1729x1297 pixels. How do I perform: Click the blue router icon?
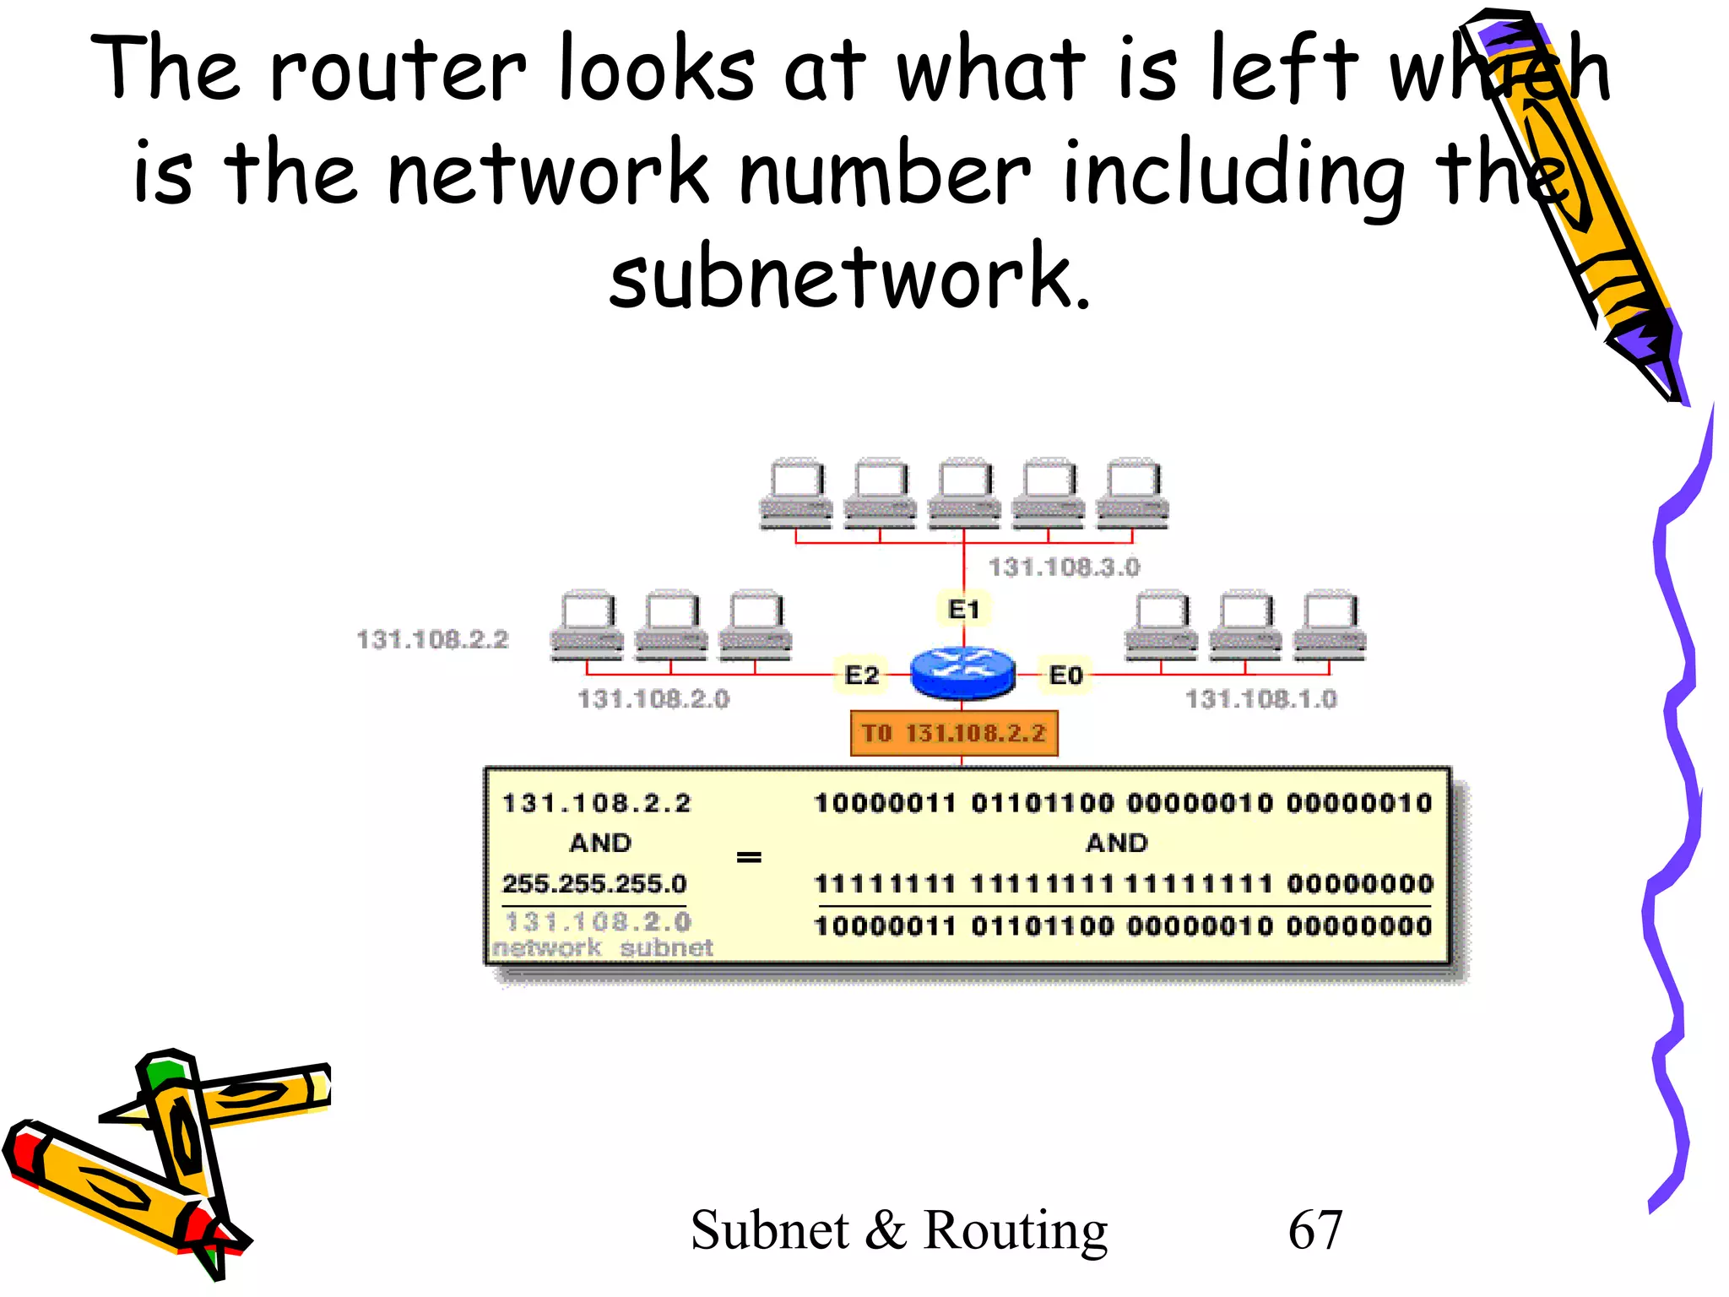coord(962,673)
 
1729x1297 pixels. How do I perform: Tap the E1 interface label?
coord(963,609)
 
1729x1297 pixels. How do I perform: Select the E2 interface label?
coord(861,675)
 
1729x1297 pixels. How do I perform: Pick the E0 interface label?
coord(1065,675)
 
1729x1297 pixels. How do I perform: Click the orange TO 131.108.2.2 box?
coord(953,733)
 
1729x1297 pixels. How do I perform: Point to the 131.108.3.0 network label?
coord(1064,567)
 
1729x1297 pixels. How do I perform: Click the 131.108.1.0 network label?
coord(1260,698)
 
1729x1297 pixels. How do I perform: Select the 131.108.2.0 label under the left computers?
coord(653,698)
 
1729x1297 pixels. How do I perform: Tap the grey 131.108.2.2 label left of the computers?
coord(432,639)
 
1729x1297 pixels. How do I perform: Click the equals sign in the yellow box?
coord(749,858)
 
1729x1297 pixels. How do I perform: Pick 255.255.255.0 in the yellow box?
coord(594,883)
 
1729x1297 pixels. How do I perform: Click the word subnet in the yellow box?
coord(667,947)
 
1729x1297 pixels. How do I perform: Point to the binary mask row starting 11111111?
coord(1123,884)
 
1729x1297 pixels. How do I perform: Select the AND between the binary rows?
coord(1116,843)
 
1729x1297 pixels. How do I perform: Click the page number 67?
coord(1314,1229)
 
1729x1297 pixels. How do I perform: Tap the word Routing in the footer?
coord(1015,1231)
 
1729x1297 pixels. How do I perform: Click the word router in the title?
coord(397,69)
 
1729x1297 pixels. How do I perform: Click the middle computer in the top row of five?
coord(964,494)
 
